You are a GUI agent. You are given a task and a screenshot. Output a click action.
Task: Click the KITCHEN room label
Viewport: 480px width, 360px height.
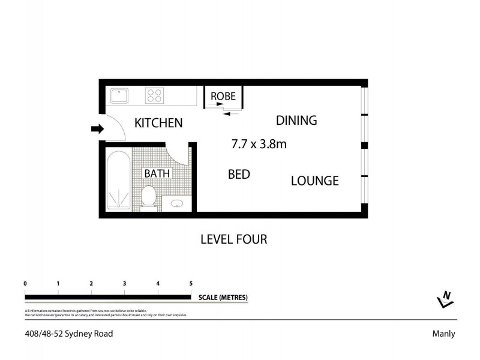[158, 123]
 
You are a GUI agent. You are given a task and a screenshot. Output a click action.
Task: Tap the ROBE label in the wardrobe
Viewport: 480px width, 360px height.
[223, 96]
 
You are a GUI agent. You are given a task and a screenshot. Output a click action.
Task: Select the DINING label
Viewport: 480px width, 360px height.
[296, 120]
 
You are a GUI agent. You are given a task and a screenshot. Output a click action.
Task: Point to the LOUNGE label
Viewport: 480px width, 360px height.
[315, 181]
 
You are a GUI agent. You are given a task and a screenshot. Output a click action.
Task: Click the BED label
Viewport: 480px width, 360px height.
[239, 175]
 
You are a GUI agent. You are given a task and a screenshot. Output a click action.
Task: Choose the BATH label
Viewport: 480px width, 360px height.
[157, 173]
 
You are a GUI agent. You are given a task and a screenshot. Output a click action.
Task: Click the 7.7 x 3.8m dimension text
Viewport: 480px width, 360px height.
[259, 144]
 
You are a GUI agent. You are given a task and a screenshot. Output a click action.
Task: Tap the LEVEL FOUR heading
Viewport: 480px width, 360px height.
[233, 239]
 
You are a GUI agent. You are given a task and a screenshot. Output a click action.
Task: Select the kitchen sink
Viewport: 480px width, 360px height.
[119, 95]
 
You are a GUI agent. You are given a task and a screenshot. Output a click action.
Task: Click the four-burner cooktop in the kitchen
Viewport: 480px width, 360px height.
[155, 95]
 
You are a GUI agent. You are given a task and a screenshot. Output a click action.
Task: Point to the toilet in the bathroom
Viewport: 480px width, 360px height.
[148, 196]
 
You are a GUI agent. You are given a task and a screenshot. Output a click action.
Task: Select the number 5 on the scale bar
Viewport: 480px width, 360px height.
[191, 284]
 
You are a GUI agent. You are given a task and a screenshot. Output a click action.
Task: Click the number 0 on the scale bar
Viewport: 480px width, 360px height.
[25, 284]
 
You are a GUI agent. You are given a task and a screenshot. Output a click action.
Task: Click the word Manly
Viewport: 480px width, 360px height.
[443, 334]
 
